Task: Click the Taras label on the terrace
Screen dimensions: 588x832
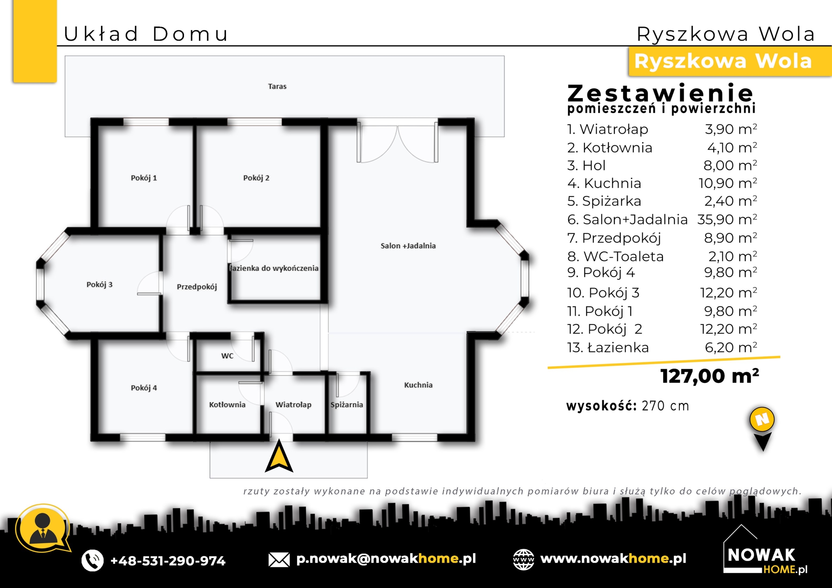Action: coord(277,86)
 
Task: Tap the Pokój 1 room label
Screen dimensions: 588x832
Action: coord(144,178)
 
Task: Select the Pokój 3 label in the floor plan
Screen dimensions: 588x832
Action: coord(99,284)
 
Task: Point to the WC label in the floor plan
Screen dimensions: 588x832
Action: coord(227,356)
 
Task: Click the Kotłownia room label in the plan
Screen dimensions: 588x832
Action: coord(227,405)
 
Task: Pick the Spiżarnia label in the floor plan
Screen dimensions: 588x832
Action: coord(346,405)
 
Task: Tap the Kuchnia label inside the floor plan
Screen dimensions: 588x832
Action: coord(418,385)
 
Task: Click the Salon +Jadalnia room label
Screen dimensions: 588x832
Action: coord(408,246)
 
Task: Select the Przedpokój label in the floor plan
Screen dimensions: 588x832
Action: coord(197,287)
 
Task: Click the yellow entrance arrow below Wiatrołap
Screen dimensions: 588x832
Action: coord(279,457)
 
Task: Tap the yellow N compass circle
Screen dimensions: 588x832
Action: coord(762,419)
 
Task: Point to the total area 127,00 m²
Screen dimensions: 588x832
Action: coord(709,376)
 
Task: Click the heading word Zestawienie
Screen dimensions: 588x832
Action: coord(660,93)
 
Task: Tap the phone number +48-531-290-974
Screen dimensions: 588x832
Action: coord(168,560)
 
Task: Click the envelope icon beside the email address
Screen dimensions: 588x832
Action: coord(279,560)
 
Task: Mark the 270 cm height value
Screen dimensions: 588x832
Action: coord(665,406)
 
